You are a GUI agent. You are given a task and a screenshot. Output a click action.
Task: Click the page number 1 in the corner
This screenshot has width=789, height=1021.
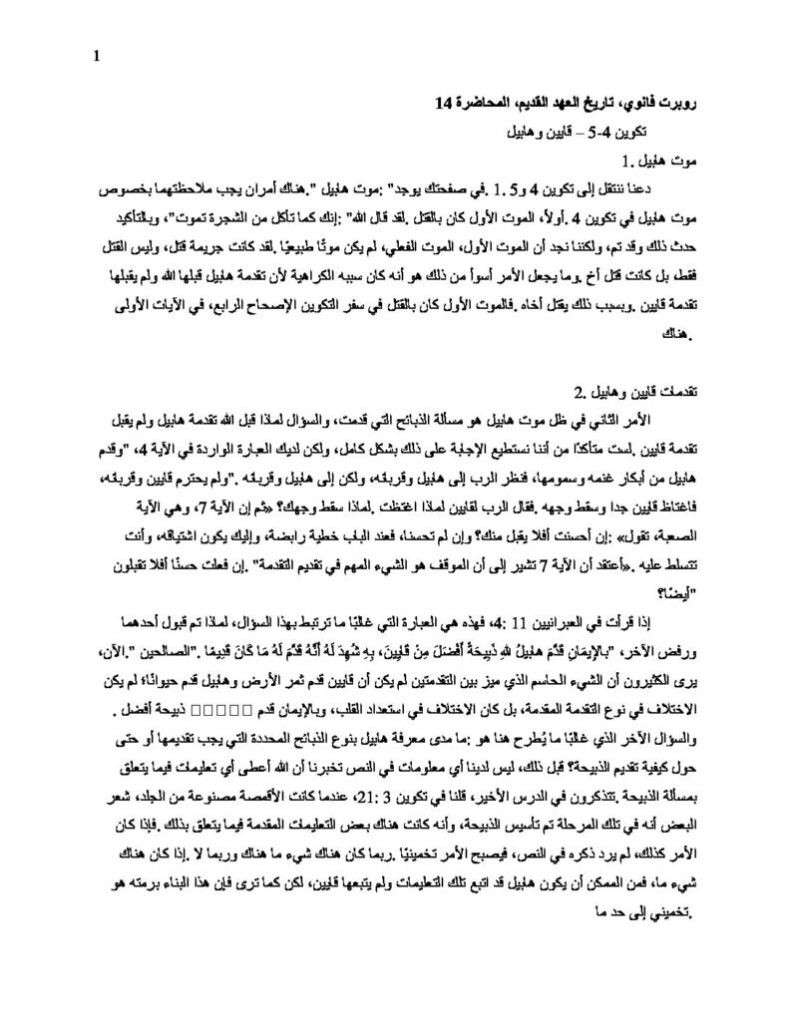pos(96,56)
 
